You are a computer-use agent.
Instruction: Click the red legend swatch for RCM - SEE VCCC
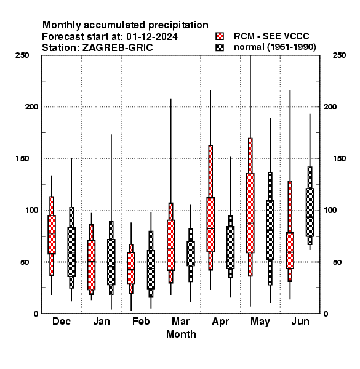[x=220, y=36]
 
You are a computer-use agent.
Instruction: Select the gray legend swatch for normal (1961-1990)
[x=220, y=47]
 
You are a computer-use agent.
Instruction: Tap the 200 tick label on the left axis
[x=31, y=106]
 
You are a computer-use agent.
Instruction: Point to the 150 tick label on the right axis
[x=339, y=159]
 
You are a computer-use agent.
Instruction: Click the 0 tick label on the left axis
[x=36, y=314]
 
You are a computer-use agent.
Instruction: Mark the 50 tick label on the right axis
[x=337, y=262]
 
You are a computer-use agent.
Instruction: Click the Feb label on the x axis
[x=141, y=321]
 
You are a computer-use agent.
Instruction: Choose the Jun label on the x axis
[x=300, y=321]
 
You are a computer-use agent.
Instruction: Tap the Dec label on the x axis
[x=62, y=321]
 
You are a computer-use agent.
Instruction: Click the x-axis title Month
[x=181, y=334]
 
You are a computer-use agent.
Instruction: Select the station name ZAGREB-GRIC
[x=118, y=48]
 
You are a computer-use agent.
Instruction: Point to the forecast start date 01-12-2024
[x=152, y=37]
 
